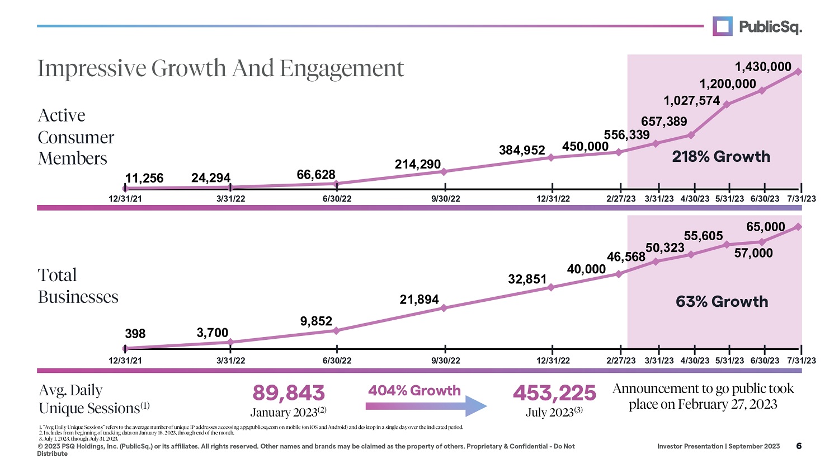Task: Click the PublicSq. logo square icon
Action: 723,26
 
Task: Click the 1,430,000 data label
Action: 763,67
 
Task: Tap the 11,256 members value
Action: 144,178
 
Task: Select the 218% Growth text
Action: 721,157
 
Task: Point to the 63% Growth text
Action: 722,302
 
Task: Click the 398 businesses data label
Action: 135,334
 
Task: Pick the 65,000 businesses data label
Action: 766,227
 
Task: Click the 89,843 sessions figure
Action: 289,393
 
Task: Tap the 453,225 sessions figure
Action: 554,393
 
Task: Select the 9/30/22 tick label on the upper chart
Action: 446,199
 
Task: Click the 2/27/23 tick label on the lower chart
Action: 621,361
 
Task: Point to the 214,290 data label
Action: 418,164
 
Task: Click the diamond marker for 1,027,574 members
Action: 727,104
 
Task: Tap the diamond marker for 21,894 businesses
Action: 444,308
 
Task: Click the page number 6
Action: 799,446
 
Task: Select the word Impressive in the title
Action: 92,69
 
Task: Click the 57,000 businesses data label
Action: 753,253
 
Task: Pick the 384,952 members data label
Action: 522,150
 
